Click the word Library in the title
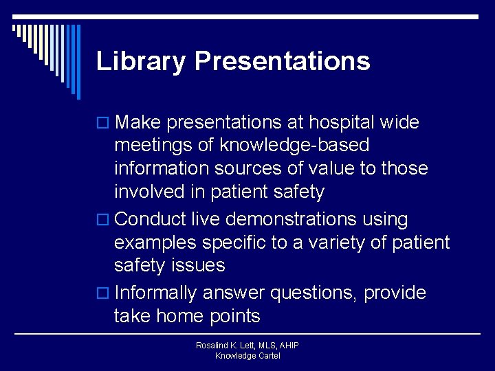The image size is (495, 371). click(x=141, y=61)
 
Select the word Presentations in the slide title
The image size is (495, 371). click(x=283, y=61)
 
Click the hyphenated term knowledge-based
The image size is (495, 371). click(x=301, y=146)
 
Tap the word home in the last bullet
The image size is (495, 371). click(x=184, y=316)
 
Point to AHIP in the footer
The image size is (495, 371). click(x=287, y=346)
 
